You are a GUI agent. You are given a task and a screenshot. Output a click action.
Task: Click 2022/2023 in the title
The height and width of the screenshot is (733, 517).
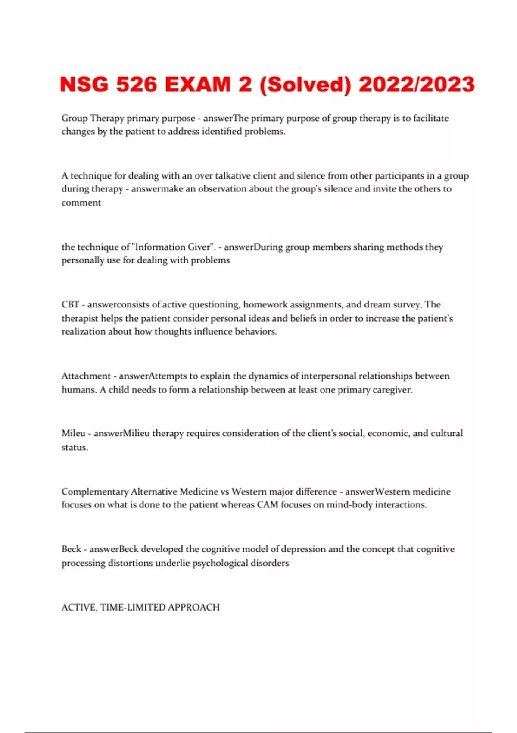pos(417,84)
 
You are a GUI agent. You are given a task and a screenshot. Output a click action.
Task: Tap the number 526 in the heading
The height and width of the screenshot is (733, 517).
pos(137,84)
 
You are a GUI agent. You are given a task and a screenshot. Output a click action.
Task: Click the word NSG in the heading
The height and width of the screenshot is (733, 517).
pos(84,84)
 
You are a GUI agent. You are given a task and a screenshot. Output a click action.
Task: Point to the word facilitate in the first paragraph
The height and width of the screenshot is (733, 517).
pos(431,118)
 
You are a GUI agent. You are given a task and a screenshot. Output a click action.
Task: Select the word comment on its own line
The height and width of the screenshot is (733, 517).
pos(81,203)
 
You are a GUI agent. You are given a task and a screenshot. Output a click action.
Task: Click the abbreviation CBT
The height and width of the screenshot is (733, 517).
pos(70,304)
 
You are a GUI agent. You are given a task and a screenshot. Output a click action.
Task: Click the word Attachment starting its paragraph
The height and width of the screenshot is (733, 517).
pos(86,376)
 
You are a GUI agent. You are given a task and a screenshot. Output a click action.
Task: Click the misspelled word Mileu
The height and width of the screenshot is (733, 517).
pos(73,433)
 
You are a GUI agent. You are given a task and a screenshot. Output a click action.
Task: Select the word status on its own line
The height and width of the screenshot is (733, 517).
pos(74,447)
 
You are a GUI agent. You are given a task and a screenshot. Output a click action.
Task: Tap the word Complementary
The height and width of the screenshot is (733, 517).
pos(95,492)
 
